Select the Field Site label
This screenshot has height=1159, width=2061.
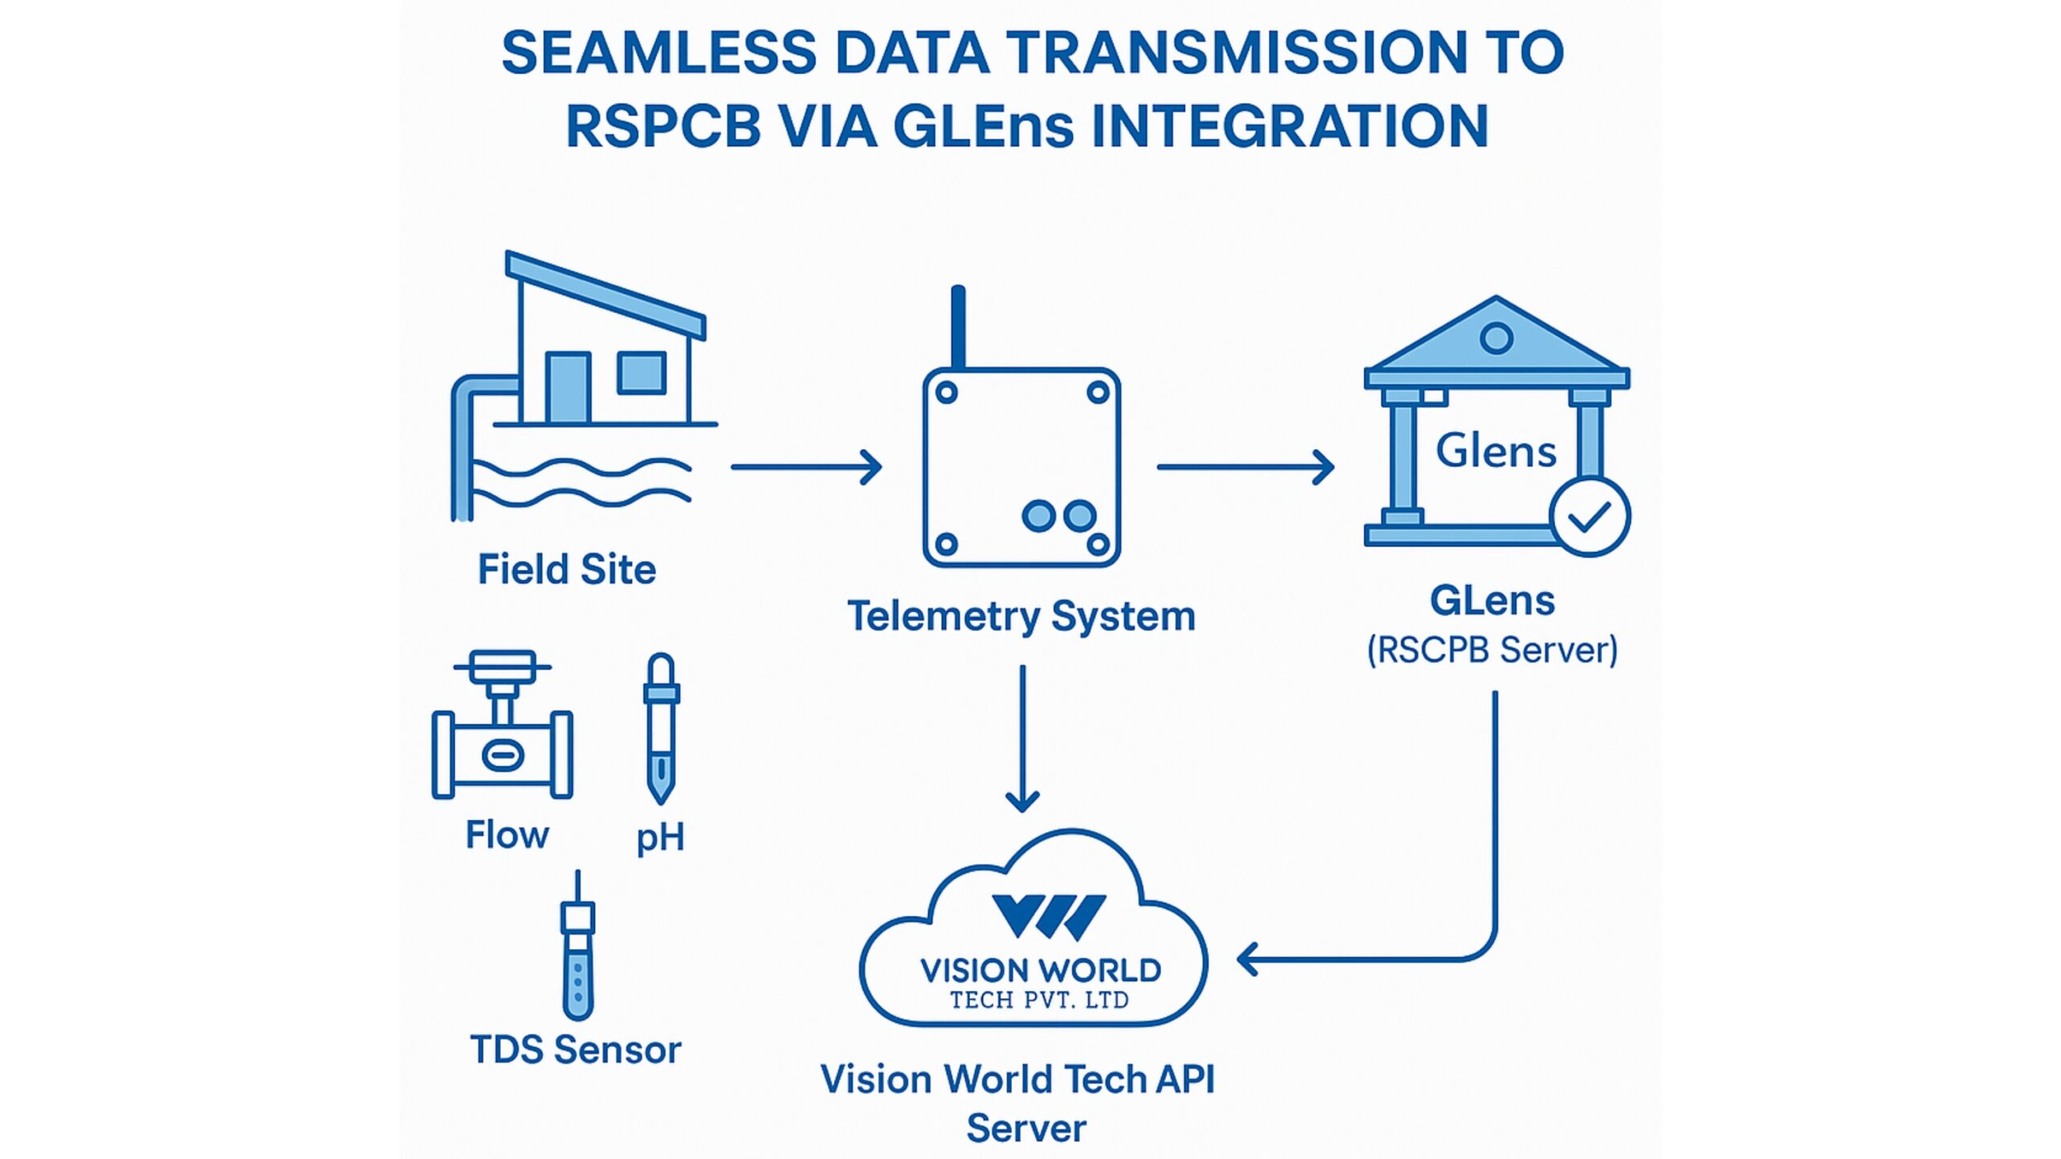coord(567,570)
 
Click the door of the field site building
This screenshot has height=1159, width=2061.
coord(568,387)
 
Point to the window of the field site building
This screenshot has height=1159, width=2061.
coord(642,373)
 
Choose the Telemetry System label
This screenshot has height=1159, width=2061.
coord(1021,617)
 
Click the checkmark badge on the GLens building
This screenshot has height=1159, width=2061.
coord(1590,517)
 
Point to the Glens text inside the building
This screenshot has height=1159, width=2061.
coord(1496,451)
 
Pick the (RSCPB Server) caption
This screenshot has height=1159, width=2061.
coord(1492,650)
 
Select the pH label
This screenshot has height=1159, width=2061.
coord(660,838)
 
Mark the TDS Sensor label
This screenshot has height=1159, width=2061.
coord(575,1050)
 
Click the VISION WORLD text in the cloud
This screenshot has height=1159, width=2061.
coord(1040,971)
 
